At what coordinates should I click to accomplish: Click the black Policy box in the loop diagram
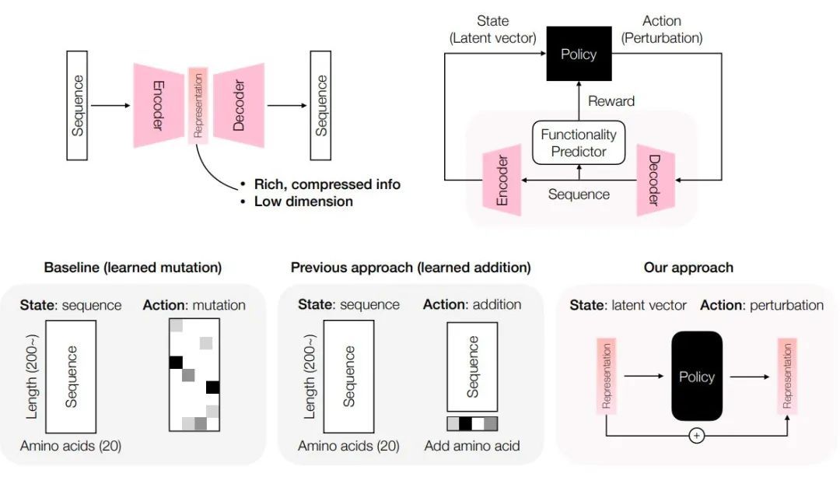click(x=578, y=54)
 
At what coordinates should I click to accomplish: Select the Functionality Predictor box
click(x=579, y=142)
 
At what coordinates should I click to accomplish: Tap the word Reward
click(x=611, y=101)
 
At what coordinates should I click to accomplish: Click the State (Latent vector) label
click(x=492, y=30)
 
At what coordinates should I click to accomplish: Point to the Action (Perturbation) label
click(x=662, y=30)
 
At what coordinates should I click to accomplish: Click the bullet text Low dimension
click(x=303, y=202)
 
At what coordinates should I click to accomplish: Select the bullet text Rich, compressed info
click(x=327, y=184)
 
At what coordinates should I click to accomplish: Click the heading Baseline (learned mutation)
click(x=133, y=268)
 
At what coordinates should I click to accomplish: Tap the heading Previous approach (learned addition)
click(x=411, y=268)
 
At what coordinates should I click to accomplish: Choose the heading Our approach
click(x=688, y=268)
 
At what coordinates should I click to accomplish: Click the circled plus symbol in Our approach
click(x=697, y=436)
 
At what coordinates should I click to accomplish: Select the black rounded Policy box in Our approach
click(x=697, y=377)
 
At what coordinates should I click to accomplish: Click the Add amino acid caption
click(x=472, y=446)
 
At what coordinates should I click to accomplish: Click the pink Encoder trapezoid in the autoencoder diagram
click(x=158, y=105)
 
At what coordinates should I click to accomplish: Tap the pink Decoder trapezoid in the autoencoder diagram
click(x=240, y=105)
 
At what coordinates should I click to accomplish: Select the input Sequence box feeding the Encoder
click(x=77, y=105)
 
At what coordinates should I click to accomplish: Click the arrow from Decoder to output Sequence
click(x=288, y=105)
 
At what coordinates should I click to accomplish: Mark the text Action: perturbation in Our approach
click(x=761, y=305)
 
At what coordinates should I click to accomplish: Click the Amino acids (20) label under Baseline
click(x=71, y=446)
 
